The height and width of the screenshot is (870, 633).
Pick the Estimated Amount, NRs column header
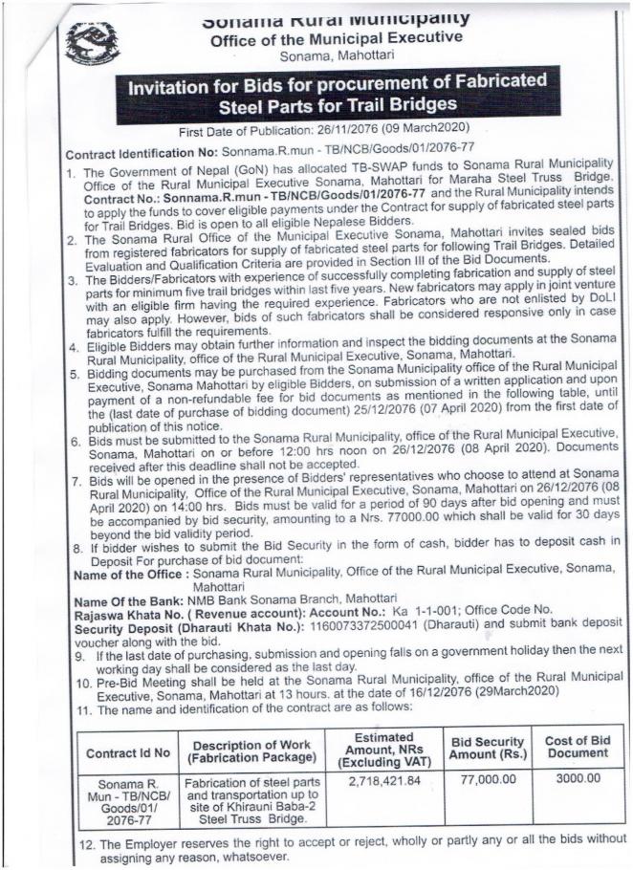click(x=382, y=751)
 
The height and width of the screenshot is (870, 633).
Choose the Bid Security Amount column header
click(x=487, y=751)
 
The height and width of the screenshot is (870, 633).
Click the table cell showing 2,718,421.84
click(x=382, y=781)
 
